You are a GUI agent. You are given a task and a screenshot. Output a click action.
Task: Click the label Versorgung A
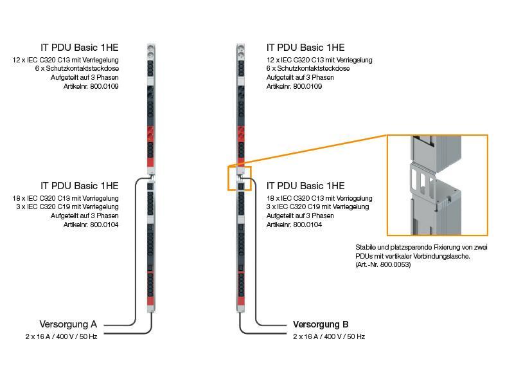point(68,324)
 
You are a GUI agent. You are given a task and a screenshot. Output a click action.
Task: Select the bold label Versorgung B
point(321,324)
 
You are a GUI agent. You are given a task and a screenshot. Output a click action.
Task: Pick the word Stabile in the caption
point(367,247)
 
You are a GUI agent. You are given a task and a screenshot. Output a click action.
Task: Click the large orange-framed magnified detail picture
point(438,185)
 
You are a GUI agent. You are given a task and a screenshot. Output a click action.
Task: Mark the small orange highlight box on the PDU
point(240,178)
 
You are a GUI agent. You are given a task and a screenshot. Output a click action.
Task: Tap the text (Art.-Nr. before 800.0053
point(368,264)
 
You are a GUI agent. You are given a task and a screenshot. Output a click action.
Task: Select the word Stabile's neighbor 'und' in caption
point(384,247)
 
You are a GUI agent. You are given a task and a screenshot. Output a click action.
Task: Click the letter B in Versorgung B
point(345,324)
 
